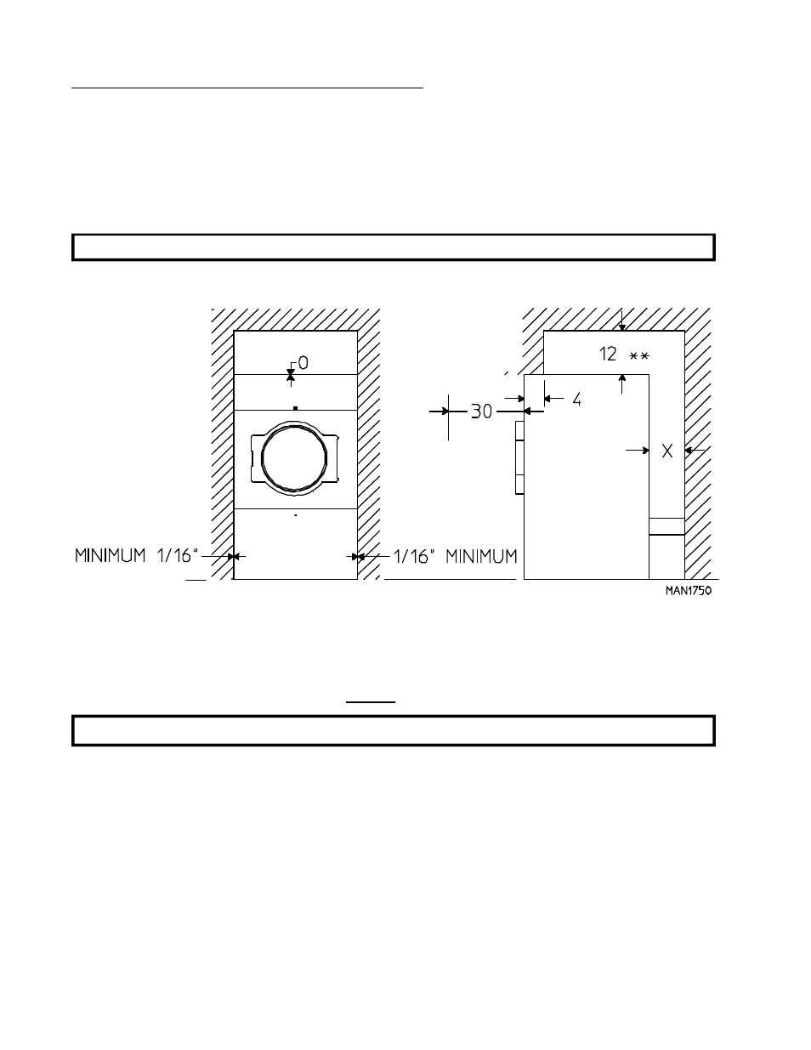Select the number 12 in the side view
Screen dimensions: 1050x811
(x=609, y=355)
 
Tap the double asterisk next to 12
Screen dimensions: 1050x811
(x=638, y=356)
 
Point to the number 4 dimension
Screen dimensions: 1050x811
(x=576, y=398)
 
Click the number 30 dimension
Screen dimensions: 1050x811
(x=481, y=411)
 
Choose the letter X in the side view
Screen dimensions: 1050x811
(x=667, y=451)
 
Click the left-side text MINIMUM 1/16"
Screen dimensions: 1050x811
(x=136, y=556)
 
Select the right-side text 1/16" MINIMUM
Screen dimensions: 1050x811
(x=455, y=556)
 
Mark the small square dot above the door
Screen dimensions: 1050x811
(x=294, y=409)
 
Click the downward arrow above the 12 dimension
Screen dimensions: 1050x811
(x=622, y=321)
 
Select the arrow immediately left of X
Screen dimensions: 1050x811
(x=638, y=451)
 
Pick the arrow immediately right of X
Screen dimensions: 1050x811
(x=695, y=451)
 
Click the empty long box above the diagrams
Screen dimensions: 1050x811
(x=393, y=247)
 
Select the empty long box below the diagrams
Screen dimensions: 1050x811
(x=393, y=730)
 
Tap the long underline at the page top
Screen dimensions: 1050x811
(x=247, y=87)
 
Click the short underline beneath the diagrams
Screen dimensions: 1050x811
(x=370, y=702)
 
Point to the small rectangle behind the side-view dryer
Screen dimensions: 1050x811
(x=666, y=526)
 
